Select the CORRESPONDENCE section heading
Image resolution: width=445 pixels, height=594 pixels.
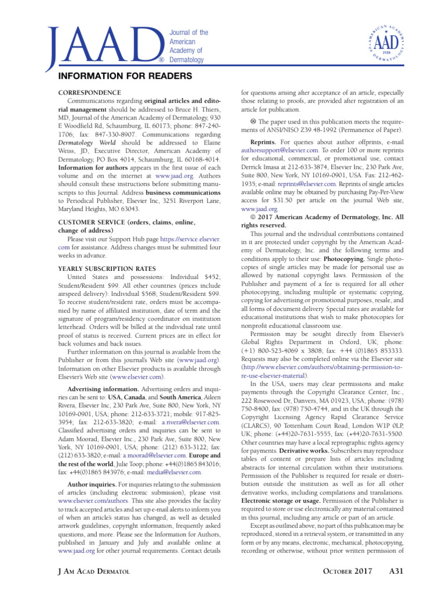(x=90, y=93)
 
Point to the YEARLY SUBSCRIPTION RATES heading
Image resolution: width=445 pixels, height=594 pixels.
(x=107, y=269)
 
